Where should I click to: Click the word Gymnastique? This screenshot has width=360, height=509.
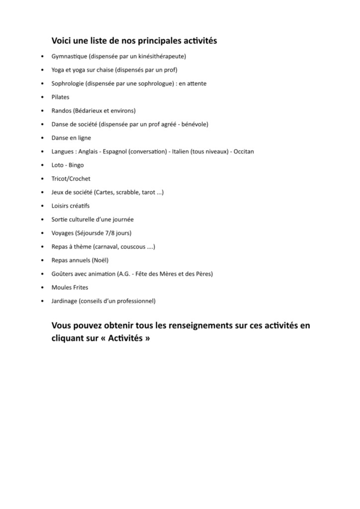[x=66, y=56]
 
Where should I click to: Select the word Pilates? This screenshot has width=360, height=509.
[x=60, y=97]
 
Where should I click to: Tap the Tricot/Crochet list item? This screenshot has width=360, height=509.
[x=71, y=178]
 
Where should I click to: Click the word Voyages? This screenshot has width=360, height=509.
[x=62, y=233]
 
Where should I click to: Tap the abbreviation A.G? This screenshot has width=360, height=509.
[x=123, y=273]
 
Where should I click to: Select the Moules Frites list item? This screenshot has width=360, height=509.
[x=70, y=287]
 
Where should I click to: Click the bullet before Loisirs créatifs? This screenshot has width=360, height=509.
[x=42, y=206]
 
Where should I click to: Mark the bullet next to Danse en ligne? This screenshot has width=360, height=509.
[x=42, y=138]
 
